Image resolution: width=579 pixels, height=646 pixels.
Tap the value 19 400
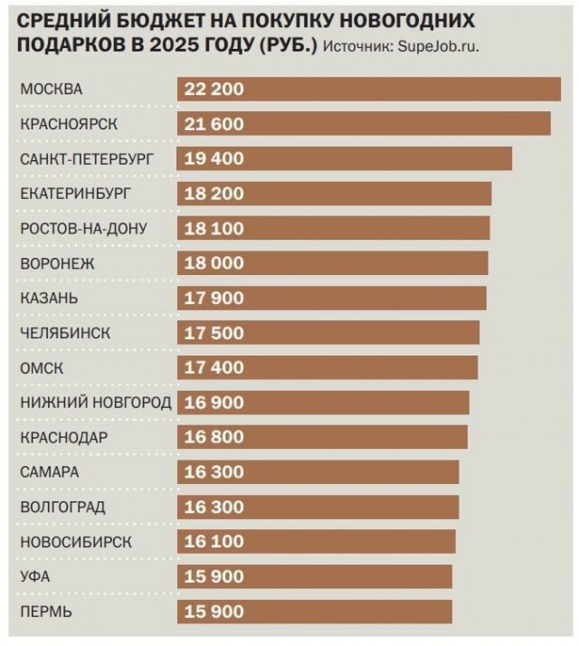[214, 158]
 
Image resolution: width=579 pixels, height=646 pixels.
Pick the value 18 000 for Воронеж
[214, 263]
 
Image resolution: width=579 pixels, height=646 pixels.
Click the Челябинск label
[65, 333]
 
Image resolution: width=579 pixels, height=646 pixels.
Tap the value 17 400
[214, 367]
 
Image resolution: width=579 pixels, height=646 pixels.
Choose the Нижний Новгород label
[95, 403]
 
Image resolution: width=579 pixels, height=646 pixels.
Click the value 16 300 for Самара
[214, 472]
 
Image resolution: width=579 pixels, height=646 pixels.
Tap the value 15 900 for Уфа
[214, 576]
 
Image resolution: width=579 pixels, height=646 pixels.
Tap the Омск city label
[43, 367]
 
